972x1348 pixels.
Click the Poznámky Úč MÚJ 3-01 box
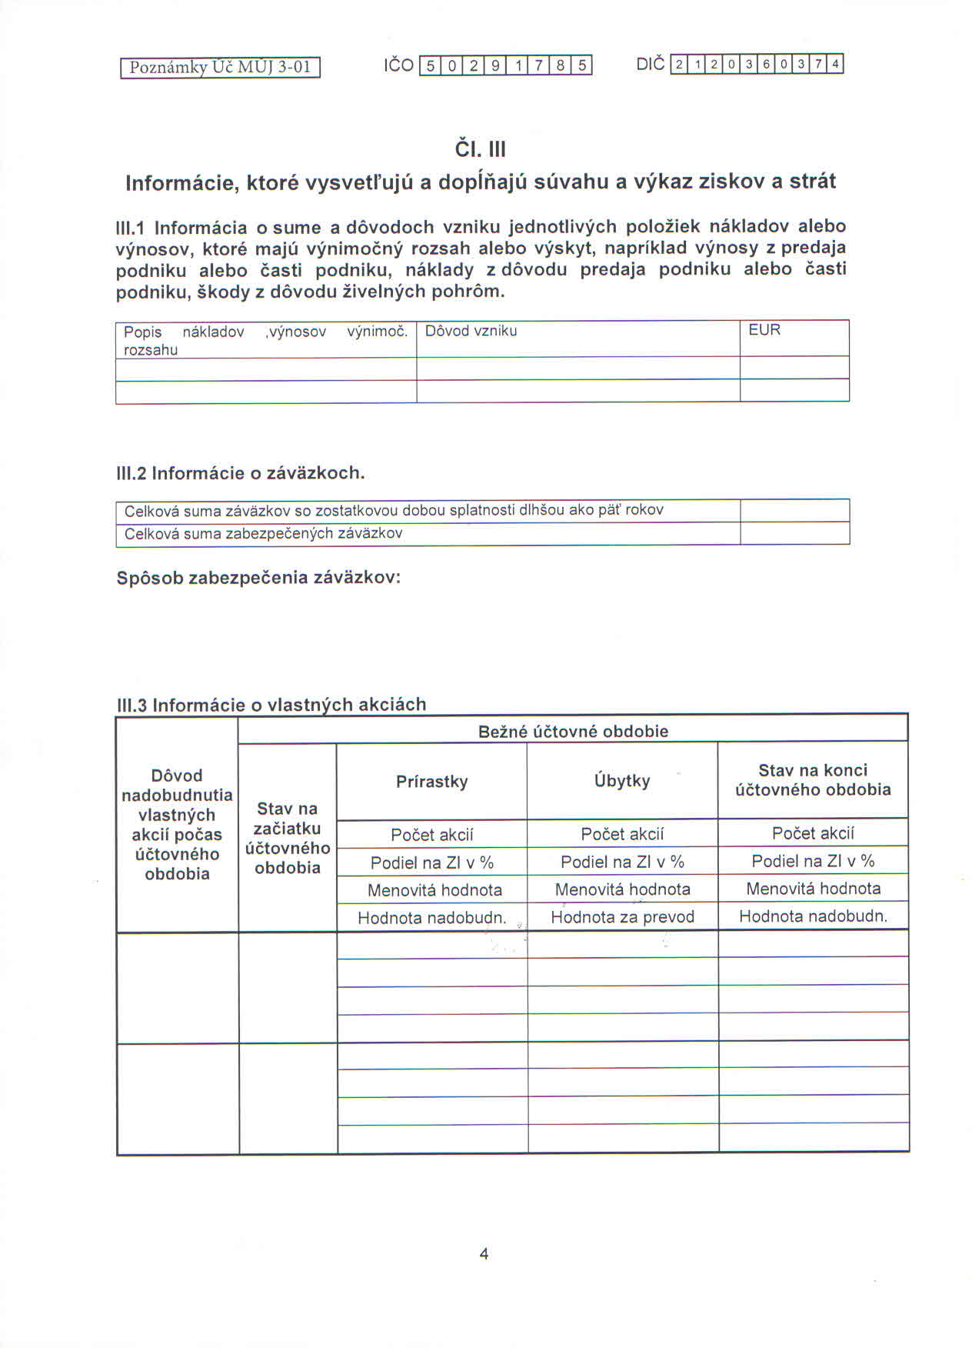pyautogui.click(x=220, y=68)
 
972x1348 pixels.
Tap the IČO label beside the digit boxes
pyautogui.click(x=398, y=65)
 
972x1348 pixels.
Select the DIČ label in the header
pyautogui.click(x=651, y=65)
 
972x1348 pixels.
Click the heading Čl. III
pyautogui.click(x=481, y=148)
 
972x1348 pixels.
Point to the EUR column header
pyautogui.click(x=764, y=330)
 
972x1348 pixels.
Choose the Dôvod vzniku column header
pyautogui.click(x=471, y=332)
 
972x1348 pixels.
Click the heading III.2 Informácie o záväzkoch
pyautogui.click(x=240, y=473)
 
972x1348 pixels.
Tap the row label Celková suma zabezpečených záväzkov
pyautogui.click(x=263, y=533)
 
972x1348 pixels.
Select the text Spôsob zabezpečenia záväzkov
pyautogui.click(x=258, y=578)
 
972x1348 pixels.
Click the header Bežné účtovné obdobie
pyautogui.click(x=573, y=731)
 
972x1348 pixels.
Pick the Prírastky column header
pyautogui.click(x=432, y=782)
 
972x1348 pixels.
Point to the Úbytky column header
pyautogui.click(x=622, y=781)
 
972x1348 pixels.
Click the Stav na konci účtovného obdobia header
pyautogui.click(x=813, y=779)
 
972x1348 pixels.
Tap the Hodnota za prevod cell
pyautogui.click(x=622, y=916)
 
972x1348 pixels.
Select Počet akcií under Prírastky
pyautogui.click(x=432, y=835)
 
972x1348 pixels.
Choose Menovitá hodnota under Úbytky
pyautogui.click(x=622, y=889)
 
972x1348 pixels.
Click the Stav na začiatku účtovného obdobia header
pyautogui.click(x=288, y=838)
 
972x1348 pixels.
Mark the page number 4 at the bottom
pyautogui.click(x=484, y=1253)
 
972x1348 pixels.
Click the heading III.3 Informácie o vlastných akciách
pyautogui.click(x=271, y=704)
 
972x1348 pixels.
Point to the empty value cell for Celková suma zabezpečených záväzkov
pyautogui.click(x=794, y=533)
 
